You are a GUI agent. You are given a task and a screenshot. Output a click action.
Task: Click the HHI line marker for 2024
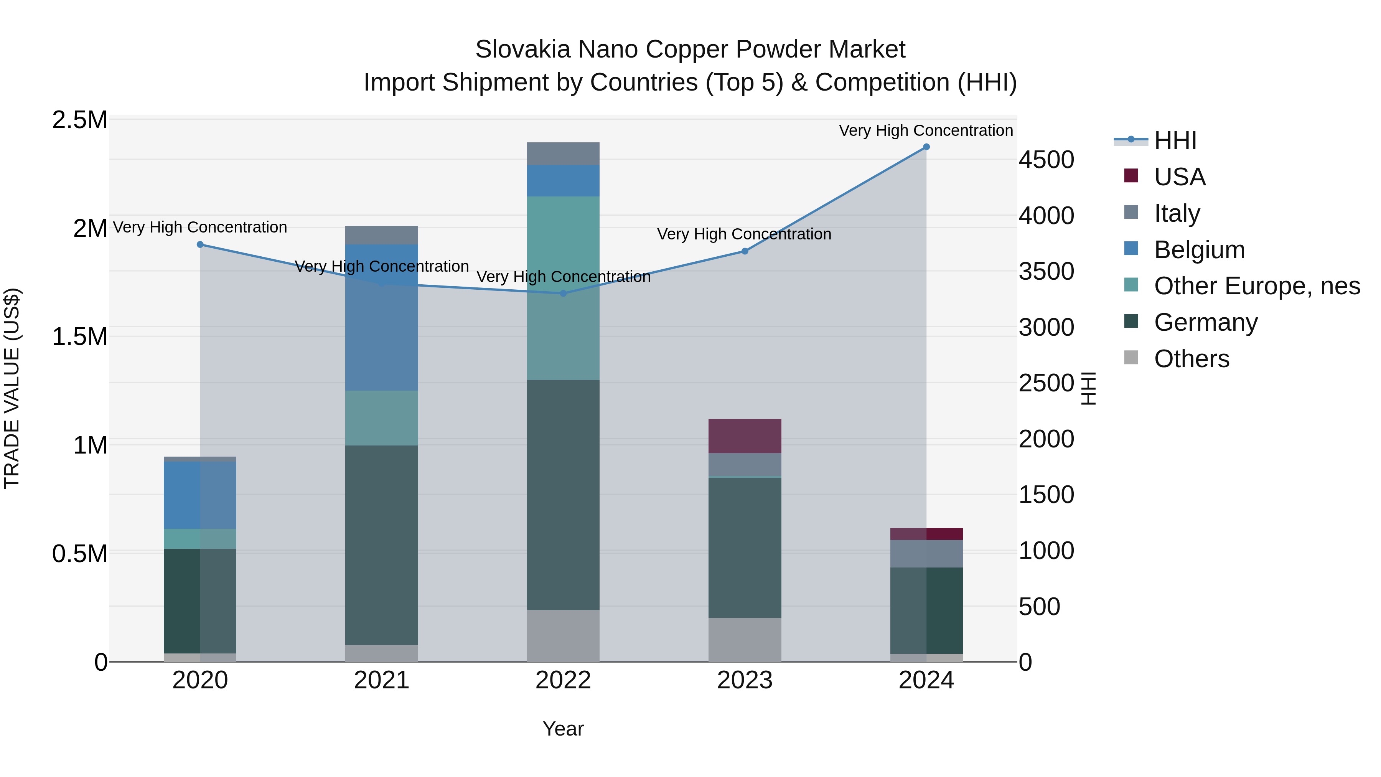926,147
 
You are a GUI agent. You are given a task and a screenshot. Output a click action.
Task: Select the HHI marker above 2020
200,244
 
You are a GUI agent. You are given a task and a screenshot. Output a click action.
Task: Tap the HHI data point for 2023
745,251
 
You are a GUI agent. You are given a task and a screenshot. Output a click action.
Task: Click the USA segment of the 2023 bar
745,436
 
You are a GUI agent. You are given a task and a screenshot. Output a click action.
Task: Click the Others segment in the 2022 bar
563,635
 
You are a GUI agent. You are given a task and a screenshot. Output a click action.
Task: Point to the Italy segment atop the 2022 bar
563,153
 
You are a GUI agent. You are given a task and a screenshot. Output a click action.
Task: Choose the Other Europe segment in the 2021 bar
381,418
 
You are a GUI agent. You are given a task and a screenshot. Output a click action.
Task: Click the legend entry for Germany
1205,323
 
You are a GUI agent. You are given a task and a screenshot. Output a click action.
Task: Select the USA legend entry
1180,177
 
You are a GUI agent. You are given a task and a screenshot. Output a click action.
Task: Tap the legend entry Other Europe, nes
1257,286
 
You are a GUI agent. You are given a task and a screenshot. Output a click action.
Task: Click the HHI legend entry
1175,140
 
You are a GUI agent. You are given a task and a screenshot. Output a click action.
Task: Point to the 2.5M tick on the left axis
79,120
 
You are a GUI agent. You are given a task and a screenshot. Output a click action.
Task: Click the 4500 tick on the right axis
1046,160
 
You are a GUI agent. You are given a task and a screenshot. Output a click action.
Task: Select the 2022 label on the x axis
563,680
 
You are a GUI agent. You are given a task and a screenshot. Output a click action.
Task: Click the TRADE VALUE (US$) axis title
12,388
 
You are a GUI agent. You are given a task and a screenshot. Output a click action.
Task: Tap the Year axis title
563,729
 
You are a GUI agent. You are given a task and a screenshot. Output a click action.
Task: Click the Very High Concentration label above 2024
926,130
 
